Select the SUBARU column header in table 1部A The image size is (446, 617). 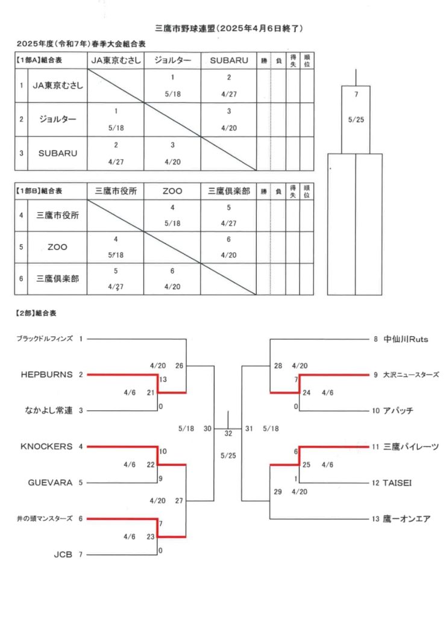(229, 60)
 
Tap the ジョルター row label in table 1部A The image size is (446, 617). (57, 119)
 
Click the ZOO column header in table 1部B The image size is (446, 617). (172, 191)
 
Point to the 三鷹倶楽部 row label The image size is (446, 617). (57, 278)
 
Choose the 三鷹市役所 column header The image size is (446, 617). (116, 191)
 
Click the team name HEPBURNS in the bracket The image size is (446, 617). (47, 375)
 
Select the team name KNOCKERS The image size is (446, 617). (46, 446)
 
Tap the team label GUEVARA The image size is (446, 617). (50, 483)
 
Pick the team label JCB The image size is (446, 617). (63, 554)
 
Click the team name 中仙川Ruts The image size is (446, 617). (406, 339)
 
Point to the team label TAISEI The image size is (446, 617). (397, 483)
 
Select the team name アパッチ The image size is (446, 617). (398, 410)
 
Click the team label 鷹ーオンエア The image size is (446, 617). (407, 519)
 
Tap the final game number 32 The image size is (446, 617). (228, 433)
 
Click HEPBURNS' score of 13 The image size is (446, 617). (163, 380)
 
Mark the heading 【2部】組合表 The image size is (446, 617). (36, 313)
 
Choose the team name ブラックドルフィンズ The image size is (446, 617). (45, 339)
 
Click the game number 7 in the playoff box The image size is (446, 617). (356, 94)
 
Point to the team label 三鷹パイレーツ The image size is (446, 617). (411, 446)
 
